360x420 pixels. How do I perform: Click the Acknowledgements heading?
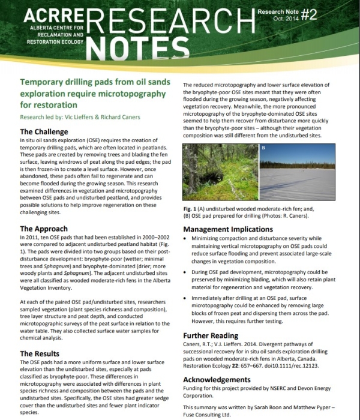pos(224,380)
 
